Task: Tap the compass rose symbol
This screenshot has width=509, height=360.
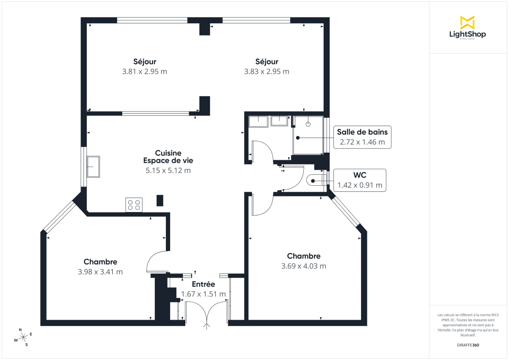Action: [23, 337]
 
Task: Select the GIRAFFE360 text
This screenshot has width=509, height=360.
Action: [467, 345]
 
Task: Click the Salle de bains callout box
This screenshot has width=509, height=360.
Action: [362, 137]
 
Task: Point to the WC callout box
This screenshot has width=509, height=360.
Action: [360, 180]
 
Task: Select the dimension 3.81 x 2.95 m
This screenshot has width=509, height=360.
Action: [144, 72]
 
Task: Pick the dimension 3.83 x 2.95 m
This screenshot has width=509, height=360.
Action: [266, 72]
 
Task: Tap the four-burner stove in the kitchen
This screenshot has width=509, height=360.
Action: [134, 205]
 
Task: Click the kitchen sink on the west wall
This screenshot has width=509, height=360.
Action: [93, 167]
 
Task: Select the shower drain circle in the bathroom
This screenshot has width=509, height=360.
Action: [308, 124]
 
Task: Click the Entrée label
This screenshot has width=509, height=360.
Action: [203, 285]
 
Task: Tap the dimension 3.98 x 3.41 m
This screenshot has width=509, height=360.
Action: [100, 272]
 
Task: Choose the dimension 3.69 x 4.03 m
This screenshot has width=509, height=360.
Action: [303, 266]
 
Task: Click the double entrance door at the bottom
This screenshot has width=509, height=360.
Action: [207, 313]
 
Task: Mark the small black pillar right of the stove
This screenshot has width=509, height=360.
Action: [160, 201]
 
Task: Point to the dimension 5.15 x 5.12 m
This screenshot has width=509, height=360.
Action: [168, 170]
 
